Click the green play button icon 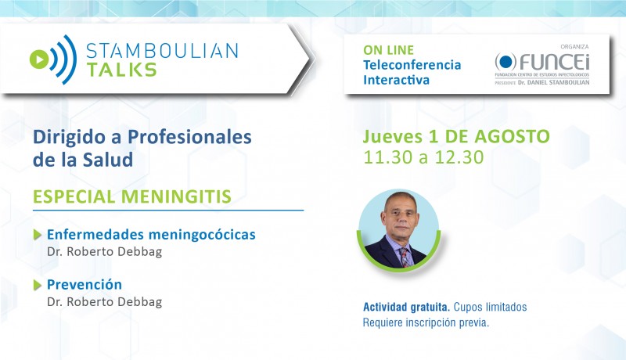click(x=39, y=59)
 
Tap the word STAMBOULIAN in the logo click(x=162, y=51)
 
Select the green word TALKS click(x=122, y=70)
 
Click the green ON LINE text click(x=388, y=50)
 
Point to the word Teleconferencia click(x=412, y=65)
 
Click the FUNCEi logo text click(x=554, y=62)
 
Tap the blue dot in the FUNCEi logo click(x=505, y=62)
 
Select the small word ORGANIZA click(x=574, y=47)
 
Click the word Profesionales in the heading click(x=189, y=137)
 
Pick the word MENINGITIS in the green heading click(x=176, y=196)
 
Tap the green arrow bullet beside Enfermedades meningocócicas click(x=38, y=235)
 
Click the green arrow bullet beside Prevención click(x=38, y=285)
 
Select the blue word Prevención click(x=85, y=285)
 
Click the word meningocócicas click(x=202, y=235)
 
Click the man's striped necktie click(x=405, y=257)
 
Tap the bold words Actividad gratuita click(x=406, y=307)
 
